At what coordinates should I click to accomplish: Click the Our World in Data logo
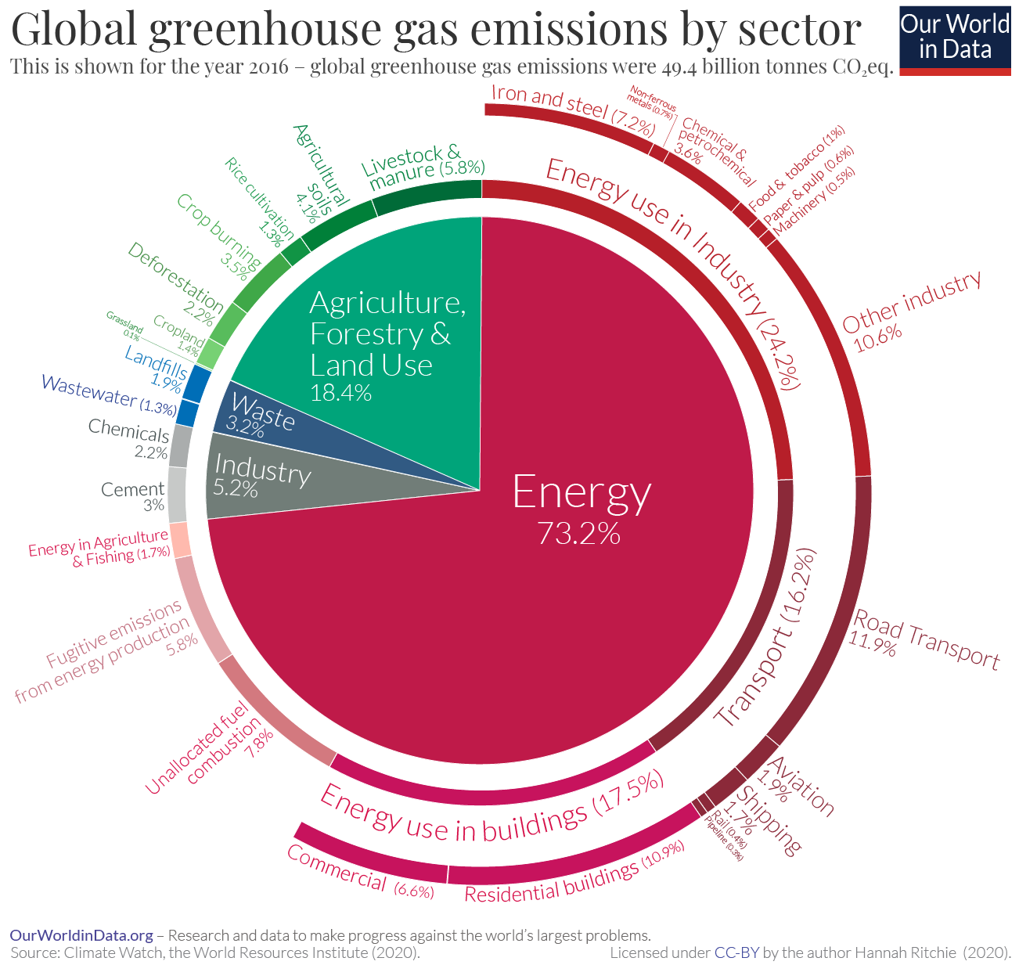click(955, 38)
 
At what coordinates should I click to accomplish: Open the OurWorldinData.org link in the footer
click(81, 935)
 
